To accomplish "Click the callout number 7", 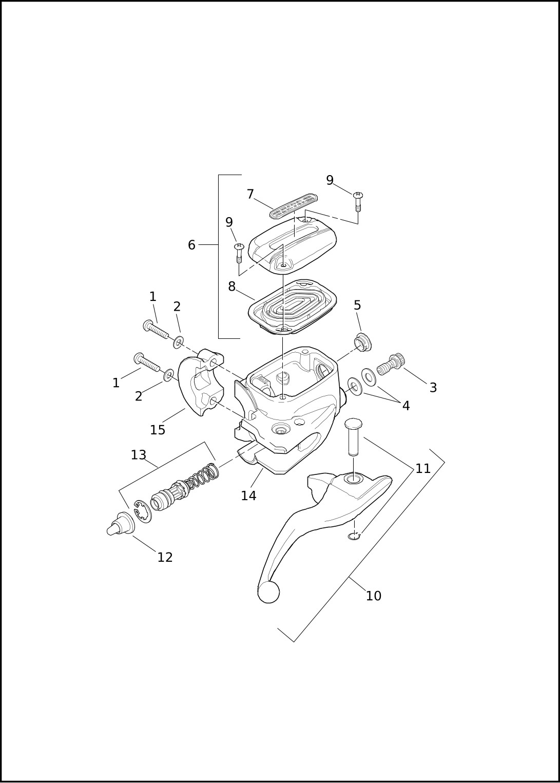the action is coord(250,195).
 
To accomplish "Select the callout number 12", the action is coord(165,558).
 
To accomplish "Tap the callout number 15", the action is coord(158,430).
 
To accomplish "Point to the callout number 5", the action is coord(357,305).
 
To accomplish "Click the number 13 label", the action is coord(139,455).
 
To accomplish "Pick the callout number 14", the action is coord(248,495).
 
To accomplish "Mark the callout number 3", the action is coord(433,388).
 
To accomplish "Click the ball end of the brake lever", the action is coord(268,592).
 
